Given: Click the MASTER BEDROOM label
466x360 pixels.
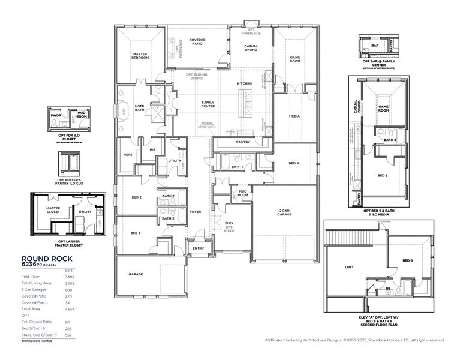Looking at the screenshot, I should coord(140,56).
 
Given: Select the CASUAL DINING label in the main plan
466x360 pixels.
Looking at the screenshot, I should coord(251,48).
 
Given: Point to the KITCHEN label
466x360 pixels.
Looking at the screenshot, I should coord(244,83).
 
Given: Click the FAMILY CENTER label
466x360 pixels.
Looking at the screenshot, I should coord(208,104).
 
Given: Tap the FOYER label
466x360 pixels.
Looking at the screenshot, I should coord(196,212).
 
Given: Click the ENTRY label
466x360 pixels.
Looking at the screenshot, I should coord(197,248).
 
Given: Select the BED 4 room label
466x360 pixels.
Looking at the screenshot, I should coord(294,163).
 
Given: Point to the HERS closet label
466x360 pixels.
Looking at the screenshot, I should coord(127,155).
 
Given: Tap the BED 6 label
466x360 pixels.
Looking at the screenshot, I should coord(407,260).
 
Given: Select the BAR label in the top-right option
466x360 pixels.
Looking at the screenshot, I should coord(374,45).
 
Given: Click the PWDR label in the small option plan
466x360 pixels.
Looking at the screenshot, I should coord(56,114).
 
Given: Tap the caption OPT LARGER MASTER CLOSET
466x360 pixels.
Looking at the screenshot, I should coord(67,243).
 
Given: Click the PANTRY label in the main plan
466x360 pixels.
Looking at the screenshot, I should coord(243,142).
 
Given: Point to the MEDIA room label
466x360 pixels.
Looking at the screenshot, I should coord(294,116).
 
